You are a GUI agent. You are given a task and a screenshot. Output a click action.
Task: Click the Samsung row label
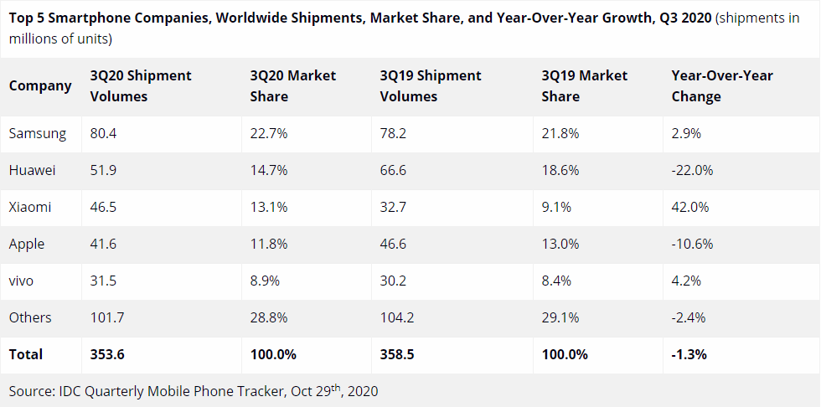tap(34, 133)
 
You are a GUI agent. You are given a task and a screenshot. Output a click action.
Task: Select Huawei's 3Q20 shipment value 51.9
tap(104, 170)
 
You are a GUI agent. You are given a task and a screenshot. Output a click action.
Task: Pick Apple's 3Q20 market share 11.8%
tap(269, 244)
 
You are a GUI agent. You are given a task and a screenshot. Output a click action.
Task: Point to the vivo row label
tap(22, 281)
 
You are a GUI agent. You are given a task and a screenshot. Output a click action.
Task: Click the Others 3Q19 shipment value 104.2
tap(399, 317)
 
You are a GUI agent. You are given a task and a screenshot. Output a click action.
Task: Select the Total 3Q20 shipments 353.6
tap(107, 354)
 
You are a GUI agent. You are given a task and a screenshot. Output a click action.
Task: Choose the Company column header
tap(40, 85)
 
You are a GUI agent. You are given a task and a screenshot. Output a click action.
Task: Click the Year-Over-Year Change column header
tap(721, 85)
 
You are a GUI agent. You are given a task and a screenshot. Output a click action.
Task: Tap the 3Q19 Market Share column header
tap(585, 85)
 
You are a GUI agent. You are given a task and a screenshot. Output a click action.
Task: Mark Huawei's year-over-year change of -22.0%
tap(693, 170)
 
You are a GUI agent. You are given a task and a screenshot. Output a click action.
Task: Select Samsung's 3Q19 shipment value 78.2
tap(395, 133)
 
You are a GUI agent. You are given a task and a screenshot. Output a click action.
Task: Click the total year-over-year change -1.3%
tap(689, 354)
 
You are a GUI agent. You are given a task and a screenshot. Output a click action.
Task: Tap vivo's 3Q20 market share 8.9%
tap(266, 281)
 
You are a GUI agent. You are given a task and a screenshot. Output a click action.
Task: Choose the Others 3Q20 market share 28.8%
tap(269, 317)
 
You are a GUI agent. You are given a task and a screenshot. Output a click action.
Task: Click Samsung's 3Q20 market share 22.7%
tap(269, 133)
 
